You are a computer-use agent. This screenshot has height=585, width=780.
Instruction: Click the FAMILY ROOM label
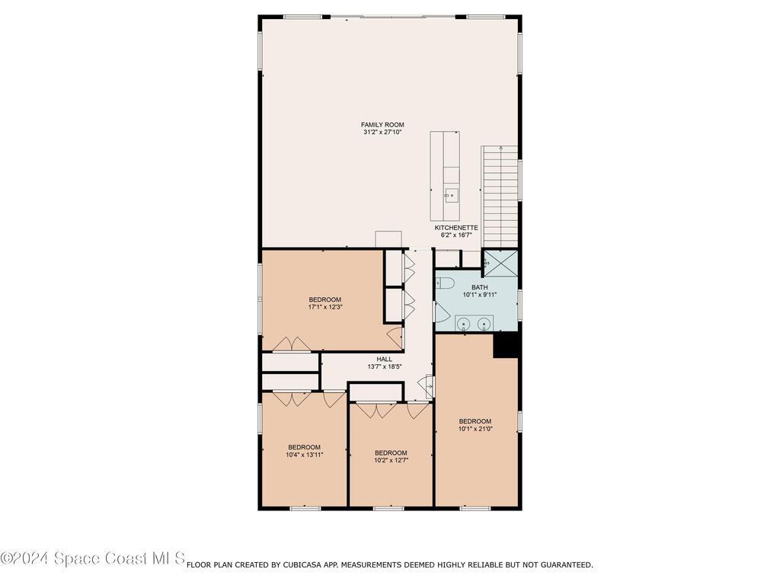[382, 125]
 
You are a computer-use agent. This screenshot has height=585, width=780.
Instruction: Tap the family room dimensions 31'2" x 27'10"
[382, 133]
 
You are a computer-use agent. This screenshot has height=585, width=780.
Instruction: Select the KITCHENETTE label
[456, 228]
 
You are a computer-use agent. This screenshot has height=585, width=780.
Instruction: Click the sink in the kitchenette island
[452, 196]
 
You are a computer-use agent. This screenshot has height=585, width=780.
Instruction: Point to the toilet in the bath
[445, 283]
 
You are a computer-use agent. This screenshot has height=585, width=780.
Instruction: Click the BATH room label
[480, 287]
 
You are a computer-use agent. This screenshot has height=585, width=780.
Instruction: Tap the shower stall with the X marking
[500, 263]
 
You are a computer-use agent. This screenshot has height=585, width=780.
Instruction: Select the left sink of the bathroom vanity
[465, 324]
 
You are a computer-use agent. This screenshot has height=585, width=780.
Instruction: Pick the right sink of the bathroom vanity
[484, 324]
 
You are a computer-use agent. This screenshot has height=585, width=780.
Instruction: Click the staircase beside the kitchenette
[500, 197]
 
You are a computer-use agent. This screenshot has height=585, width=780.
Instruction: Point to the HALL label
[384, 360]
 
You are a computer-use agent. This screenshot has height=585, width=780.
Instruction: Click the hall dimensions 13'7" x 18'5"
[385, 366]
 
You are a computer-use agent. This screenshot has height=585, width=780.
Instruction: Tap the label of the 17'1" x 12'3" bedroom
[324, 299]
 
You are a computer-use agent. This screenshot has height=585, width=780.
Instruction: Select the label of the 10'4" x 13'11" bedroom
[304, 447]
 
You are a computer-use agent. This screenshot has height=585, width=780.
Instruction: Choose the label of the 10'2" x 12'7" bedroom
[391, 452]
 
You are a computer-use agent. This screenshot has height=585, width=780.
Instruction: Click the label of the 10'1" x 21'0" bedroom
[475, 421]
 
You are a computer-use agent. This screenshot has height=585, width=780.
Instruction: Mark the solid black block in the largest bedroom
[506, 345]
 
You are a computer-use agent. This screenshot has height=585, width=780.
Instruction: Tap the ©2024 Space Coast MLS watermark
[93, 558]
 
